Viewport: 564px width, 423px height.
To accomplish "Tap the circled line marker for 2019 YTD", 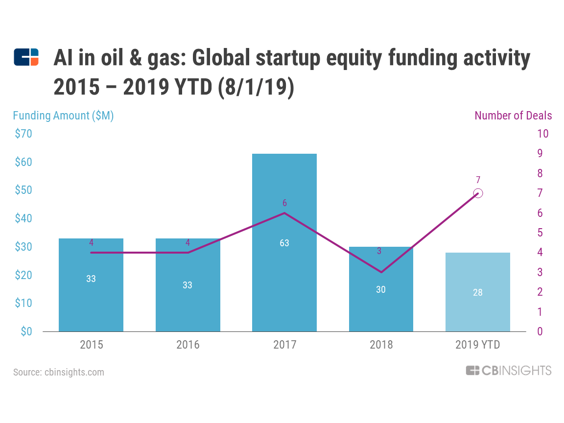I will point(478,193).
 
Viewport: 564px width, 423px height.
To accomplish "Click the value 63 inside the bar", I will point(284,243).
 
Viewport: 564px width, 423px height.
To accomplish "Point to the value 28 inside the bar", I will point(478,292).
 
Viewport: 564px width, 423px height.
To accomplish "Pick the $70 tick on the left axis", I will point(23,134).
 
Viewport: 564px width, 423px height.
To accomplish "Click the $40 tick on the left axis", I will point(23,218).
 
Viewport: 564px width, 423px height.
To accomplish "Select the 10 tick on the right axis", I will point(543,134).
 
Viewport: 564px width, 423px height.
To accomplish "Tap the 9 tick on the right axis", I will point(540,154).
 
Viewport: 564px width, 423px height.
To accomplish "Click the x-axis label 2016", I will point(188,345).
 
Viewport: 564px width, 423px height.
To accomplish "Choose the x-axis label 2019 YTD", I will point(478,345).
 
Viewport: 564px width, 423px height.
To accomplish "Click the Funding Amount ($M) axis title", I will point(63,116).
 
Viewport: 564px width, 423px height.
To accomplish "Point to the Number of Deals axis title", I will point(513,116).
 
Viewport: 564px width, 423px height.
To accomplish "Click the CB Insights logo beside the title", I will point(26,57).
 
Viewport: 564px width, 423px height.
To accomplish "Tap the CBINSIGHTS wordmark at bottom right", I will point(509,371).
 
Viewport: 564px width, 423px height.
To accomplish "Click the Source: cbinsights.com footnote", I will point(59,372).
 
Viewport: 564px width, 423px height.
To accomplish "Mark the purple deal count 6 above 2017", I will point(284,203).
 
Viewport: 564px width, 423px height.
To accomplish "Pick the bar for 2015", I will point(91,304).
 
